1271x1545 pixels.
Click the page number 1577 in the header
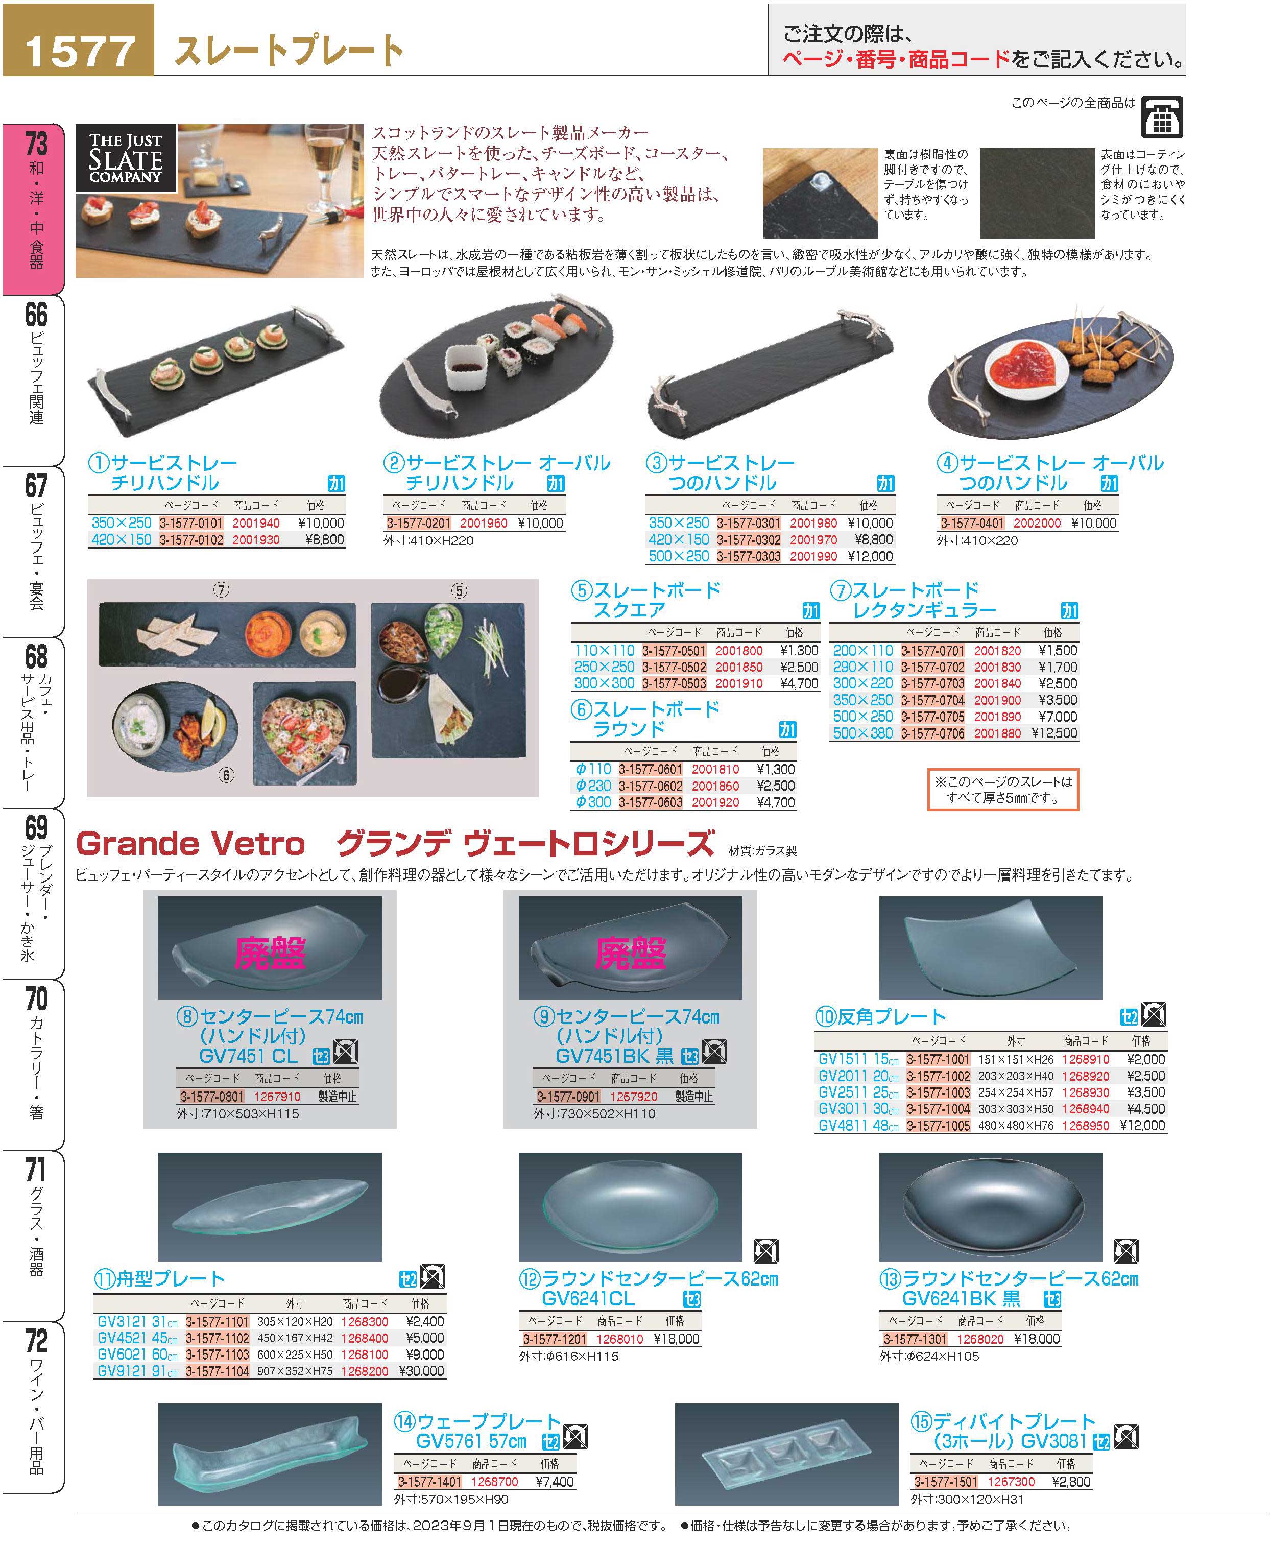[x=79, y=51]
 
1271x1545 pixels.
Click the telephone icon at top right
[x=1162, y=117]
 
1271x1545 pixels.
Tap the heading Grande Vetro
[x=190, y=844]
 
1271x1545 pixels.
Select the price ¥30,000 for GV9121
[x=422, y=1371]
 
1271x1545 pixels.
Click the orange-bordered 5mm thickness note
[x=1003, y=789]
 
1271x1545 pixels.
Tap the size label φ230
[x=592, y=786]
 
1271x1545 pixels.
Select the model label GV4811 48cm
[x=858, y=1126]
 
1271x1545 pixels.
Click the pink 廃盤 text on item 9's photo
[x=630, y=953]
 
